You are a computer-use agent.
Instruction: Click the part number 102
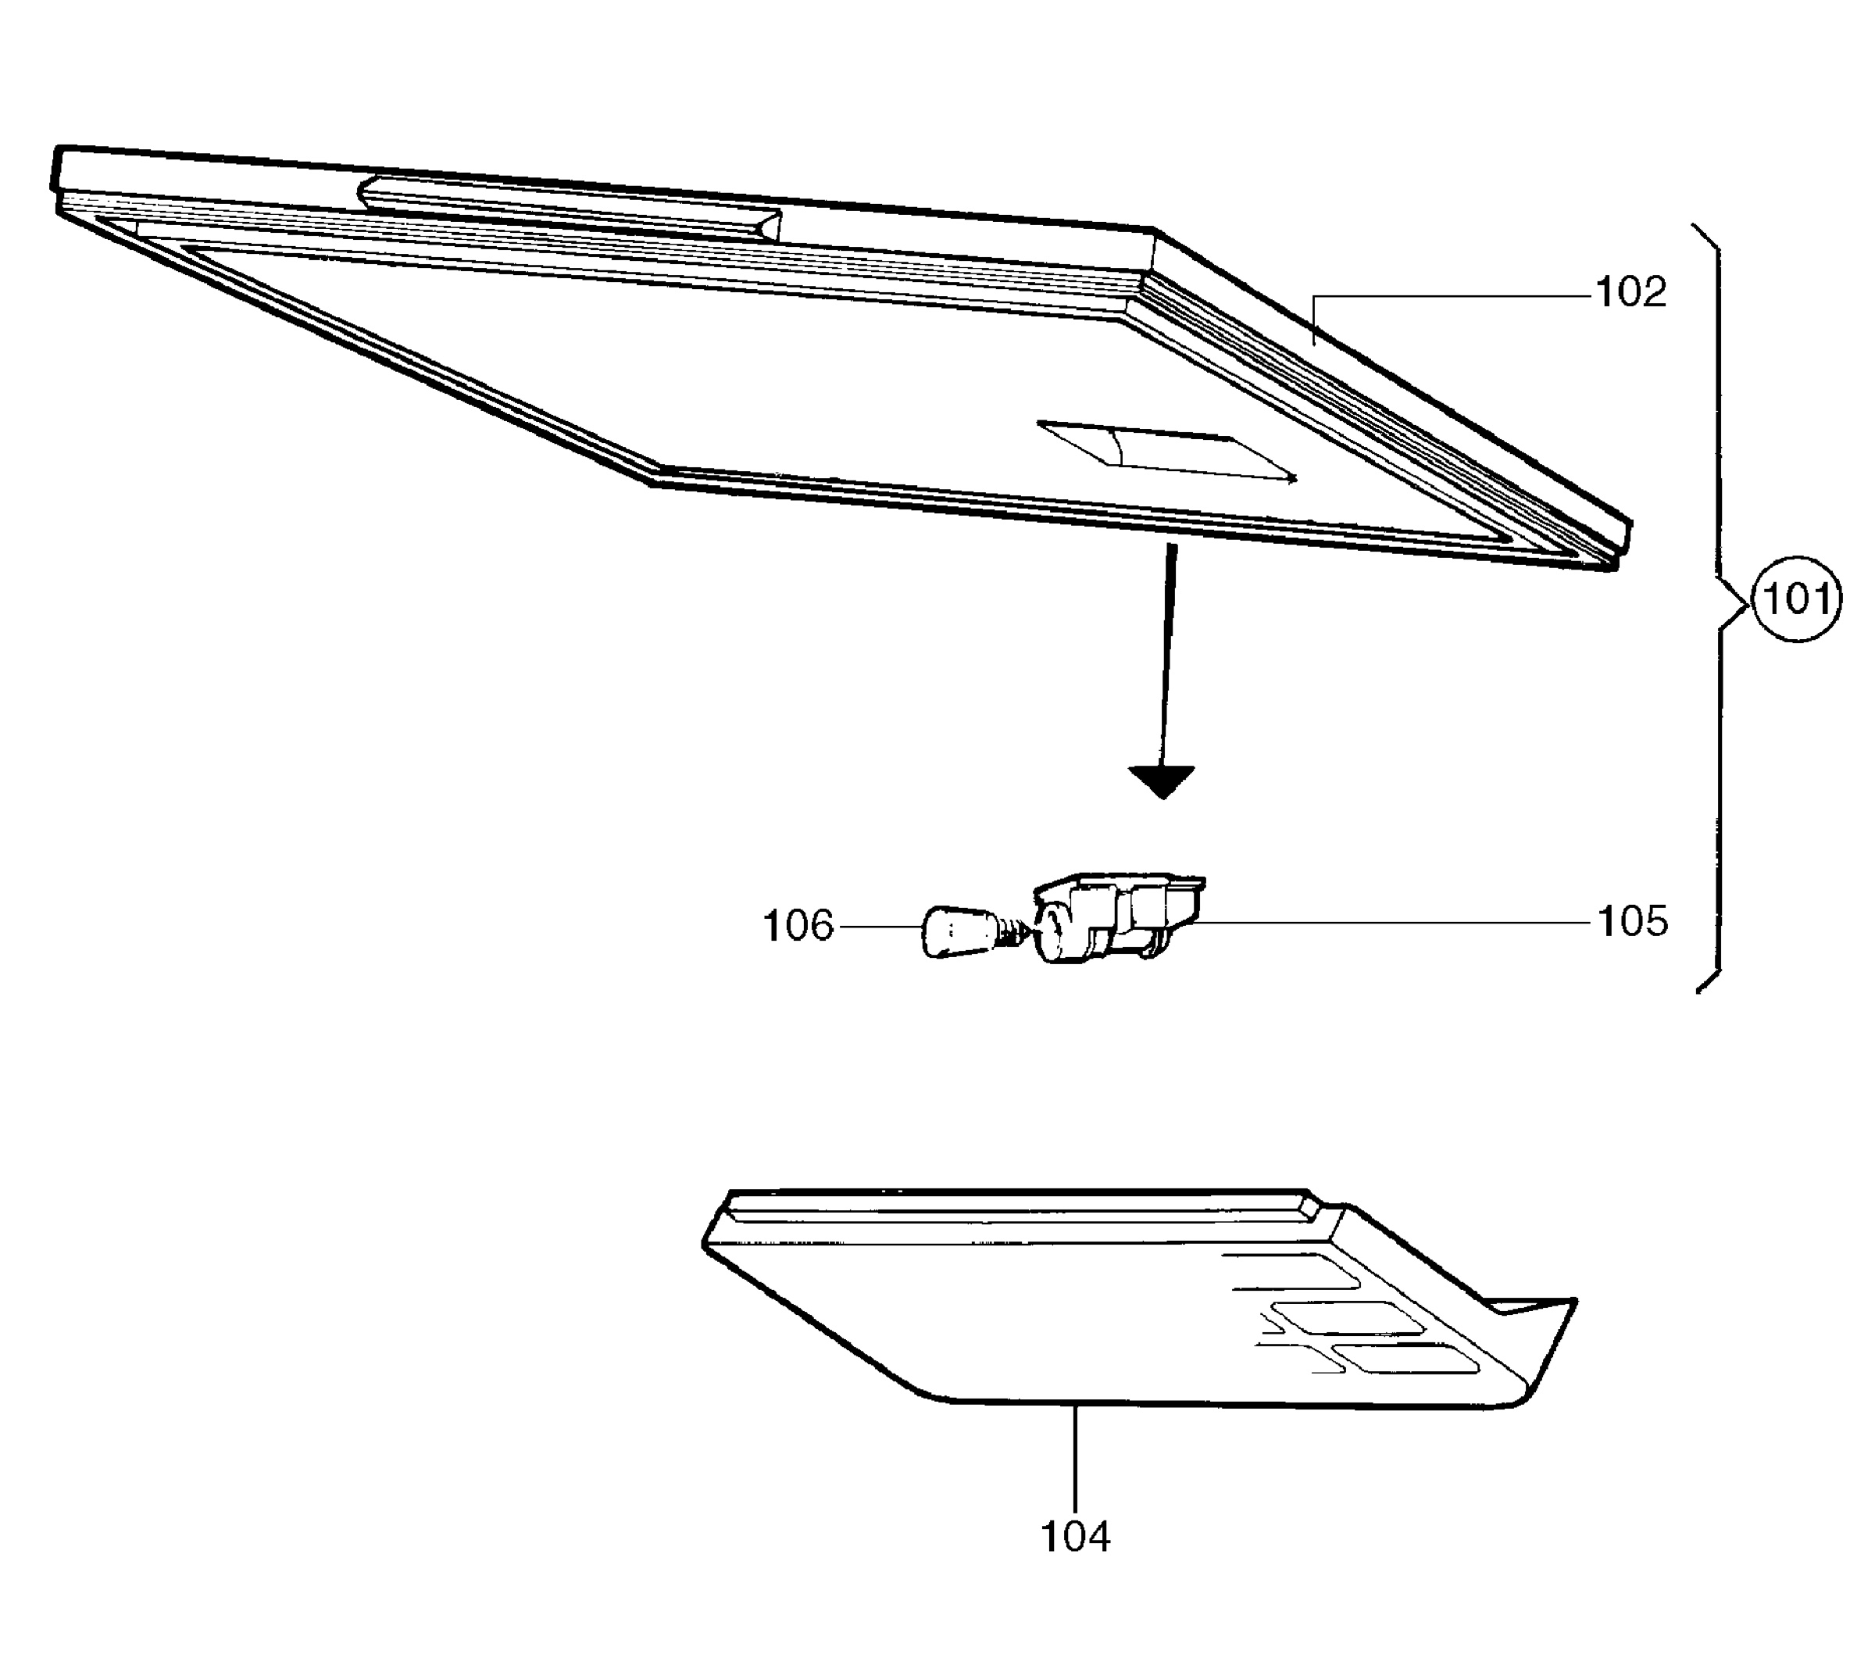(1631, 293)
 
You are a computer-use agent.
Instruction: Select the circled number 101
(1796, 600)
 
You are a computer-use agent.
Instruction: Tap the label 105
(1633, 921)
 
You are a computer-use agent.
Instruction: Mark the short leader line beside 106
(880, 927)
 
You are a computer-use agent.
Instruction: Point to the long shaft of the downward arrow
(1167, 655)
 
